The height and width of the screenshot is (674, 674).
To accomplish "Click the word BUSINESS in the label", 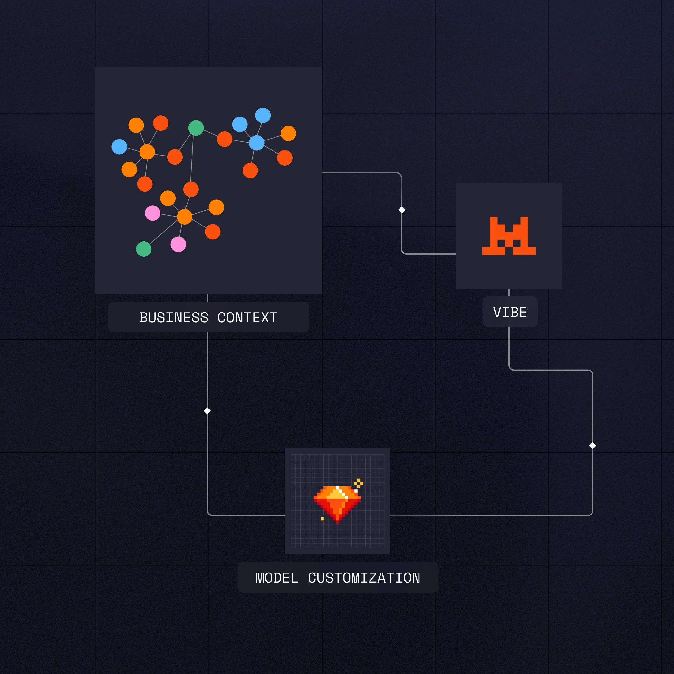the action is (x=174, y=317).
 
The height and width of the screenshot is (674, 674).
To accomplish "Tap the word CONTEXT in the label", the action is (x=247, y=317).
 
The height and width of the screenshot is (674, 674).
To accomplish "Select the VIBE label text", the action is (x=510, y=312).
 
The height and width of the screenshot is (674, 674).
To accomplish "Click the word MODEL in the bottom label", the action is (x=277, y=578).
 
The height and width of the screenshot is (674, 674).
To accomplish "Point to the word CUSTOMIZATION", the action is (x=364, y=578).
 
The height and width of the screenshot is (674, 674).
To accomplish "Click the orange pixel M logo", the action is (x=509, y=236).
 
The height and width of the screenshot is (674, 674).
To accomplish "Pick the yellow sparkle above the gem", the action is (x=359, y=483).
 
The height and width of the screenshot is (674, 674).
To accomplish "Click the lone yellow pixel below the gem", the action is (x=323, y=519).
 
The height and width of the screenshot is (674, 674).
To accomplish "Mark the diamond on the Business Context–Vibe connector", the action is (x=402, y=210).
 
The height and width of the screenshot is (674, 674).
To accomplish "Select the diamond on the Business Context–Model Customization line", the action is (x=207, y=411).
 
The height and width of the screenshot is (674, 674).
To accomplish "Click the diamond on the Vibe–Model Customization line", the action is (x=592, y=446).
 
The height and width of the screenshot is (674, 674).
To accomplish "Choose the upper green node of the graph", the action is (x=196, y=128).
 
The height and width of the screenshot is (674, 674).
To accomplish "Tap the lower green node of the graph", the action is (x=144, y=249).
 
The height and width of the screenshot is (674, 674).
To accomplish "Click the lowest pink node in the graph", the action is (x=178, y=244).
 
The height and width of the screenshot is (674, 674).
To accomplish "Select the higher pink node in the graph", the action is (x=153, y=213).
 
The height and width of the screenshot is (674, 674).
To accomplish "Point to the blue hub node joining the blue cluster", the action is (x=257, y=143).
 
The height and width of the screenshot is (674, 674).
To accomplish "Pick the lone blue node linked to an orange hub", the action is (x=119, y=147).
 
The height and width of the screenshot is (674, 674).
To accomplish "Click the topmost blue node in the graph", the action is (x=263, y=115).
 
